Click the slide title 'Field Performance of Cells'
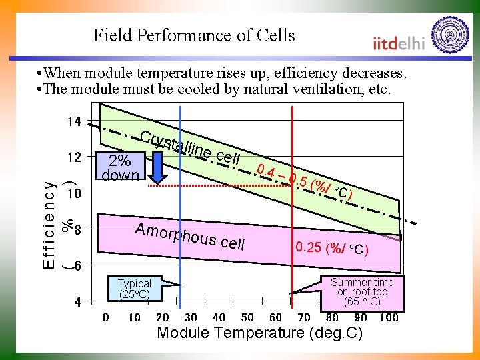[193, 35]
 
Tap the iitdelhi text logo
[399, 43]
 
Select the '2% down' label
[120, 168]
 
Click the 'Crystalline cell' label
[190, 147]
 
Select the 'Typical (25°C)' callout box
[135, 289]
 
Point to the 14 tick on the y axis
[73, 122]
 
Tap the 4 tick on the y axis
[77, 302]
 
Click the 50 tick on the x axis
[247, 318]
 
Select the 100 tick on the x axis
[388, 318]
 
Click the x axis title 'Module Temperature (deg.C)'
[259, 333]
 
